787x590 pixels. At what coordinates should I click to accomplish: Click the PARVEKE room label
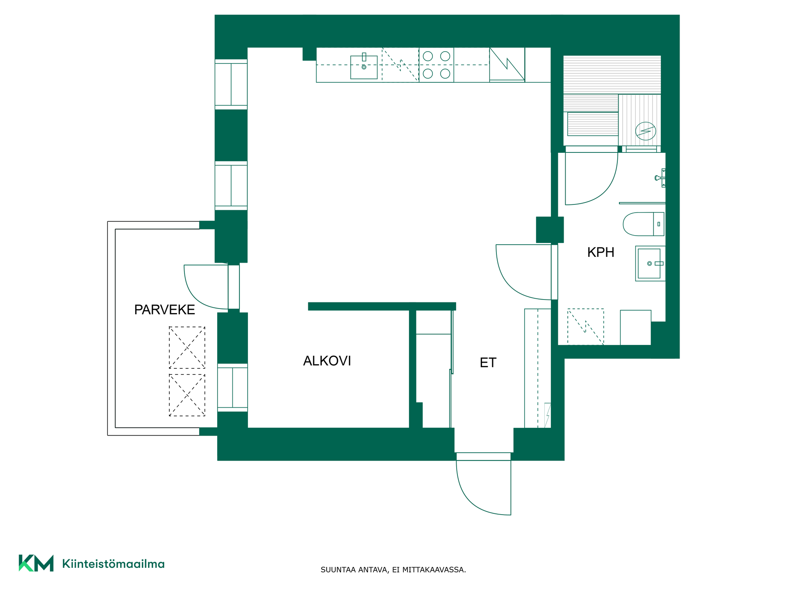pyautogui.click(x=164, y=310)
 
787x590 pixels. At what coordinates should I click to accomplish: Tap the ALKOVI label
pyautogui.click(x=327, y=361)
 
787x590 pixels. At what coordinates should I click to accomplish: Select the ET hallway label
pyautogui.click(x=488, y=363)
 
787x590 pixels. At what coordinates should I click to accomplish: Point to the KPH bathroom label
pyautogui.click(x=600, y=252)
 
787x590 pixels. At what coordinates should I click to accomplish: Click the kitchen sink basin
pyautogui.click(x=364, y=67)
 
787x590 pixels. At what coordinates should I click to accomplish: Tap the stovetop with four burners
pyautogui.click(x=436, y=65)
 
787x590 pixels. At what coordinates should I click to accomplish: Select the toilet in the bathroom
pyautogui.click(x=644, y=224)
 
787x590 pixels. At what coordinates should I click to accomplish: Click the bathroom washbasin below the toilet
pyautogui.click(x=650, y=263)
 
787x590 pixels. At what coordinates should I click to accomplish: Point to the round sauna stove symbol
pyautogui.click(x=646, y=131)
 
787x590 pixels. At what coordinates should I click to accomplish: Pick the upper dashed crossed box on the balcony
pyautogui.click(x=187, y=347)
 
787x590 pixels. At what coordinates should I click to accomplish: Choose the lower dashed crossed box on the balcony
pyautogui.click(x=187, y=395)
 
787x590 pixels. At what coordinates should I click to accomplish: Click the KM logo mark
pyautogui.click(x=36, y=563)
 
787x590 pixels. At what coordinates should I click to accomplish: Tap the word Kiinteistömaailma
pyautogui.click(x=113, y=564)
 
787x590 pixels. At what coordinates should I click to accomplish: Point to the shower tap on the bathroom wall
pyautogui.click(x=660, y=178)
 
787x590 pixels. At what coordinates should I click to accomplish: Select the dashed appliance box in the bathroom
pyautogui.click(x=585, y=327)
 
